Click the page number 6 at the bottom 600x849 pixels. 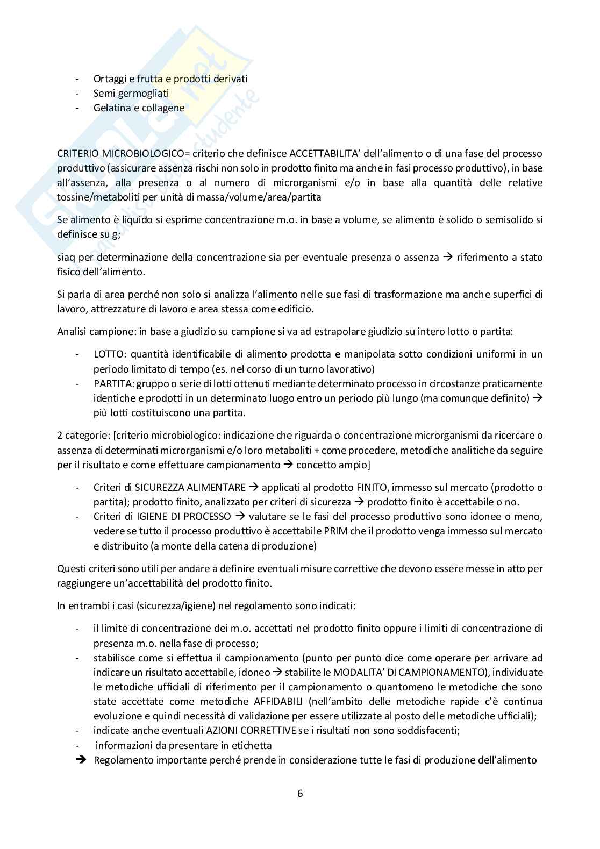(300, 794)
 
